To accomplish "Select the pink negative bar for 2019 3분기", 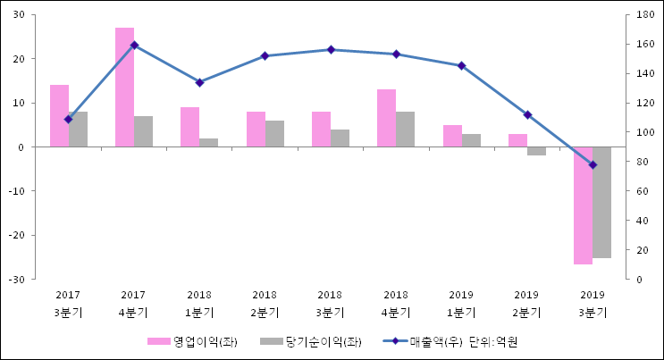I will [x=583, y=205].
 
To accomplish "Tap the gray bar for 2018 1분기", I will [x=208, y=142].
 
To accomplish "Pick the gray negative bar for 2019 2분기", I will [x=536, y=151].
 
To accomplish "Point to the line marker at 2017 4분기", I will [x=134, y=45].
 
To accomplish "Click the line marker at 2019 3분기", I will [x=593, y=165].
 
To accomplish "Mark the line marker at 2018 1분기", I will [x=199, y=82].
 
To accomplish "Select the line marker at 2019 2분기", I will [x=527, y=114].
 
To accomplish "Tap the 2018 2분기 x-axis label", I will [x=265, y=304].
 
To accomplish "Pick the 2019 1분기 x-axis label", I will [x=461, y=304].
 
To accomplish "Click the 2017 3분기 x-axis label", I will [x=68, y=304].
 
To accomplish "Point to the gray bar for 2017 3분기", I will [x=78, y=129].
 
